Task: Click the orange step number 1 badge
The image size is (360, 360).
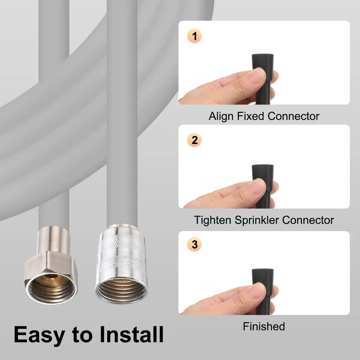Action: pos(194,36)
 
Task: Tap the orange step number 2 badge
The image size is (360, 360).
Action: pos(194,140)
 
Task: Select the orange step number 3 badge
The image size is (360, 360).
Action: pos(194,244)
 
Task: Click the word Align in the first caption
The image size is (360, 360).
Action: pos(221,116)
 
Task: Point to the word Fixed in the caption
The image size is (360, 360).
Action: pos(250,116)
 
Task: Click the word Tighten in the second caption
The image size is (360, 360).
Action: pos(212,220)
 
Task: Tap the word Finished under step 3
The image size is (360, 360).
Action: pos(264,326)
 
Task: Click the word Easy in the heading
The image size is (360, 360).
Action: pos(39,335)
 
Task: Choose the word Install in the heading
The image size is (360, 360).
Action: pos(131,334)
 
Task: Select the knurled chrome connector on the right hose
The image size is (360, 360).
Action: pos(121,264)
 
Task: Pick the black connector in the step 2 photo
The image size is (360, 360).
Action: pos(263,186)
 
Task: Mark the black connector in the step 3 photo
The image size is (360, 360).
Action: pos(263,291)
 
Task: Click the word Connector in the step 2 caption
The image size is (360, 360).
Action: pos(308,220)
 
